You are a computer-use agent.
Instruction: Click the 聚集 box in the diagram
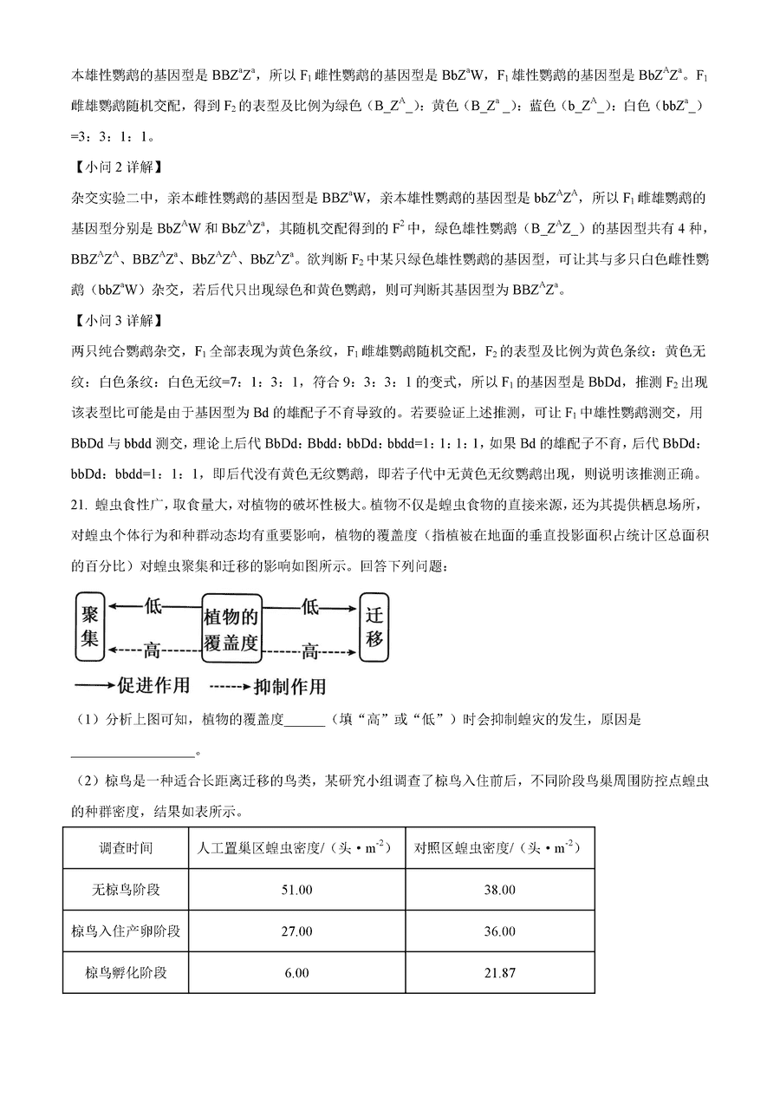click(x=88, y=629)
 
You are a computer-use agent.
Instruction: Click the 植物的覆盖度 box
click(x=231, y=629)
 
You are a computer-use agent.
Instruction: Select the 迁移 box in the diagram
click(x=374, y=628)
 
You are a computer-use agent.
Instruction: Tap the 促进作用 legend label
click(x=152, y=685)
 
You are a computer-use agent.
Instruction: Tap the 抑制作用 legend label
click(x=289, y=686)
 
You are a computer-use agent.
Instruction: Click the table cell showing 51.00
click(x=296, y=890)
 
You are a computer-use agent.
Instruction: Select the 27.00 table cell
click(x=296, y=931)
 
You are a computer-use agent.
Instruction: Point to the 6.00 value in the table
click(x=296, y=973)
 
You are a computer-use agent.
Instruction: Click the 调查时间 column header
click(x=126, y=848)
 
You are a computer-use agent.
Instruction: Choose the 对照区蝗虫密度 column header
click(x=500, y=848)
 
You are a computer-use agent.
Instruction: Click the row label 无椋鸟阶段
click(x=126, y=890)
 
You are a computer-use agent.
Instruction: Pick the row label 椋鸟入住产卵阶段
click(x=126, y=931)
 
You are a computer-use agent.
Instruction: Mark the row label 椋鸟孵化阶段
click(x=126, y=973)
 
